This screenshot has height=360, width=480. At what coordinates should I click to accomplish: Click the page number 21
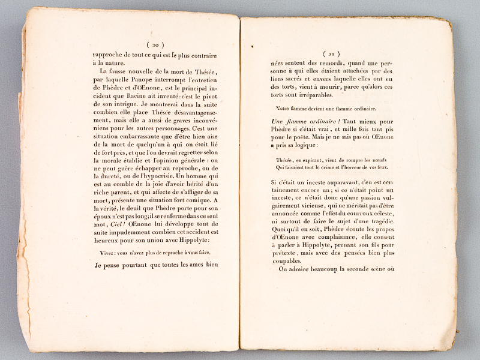[331, 53]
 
